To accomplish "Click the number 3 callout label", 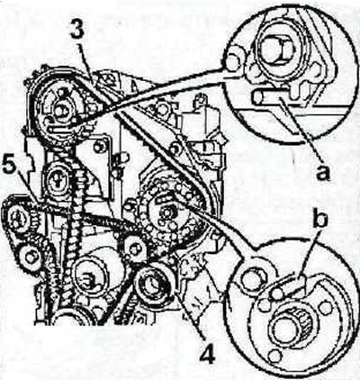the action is click(77, 29).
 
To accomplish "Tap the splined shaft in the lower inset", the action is click(286, 327).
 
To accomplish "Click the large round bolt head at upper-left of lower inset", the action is click(251, 277).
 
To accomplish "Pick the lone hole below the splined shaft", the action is click(274, 357).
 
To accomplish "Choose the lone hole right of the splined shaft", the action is click(324, 307).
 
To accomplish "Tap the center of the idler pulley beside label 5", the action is click(58, 179).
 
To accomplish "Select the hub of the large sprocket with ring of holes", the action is click(166, 213).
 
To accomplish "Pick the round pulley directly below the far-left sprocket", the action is click(31, 258).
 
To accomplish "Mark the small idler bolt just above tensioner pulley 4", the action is click(134, 248).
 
